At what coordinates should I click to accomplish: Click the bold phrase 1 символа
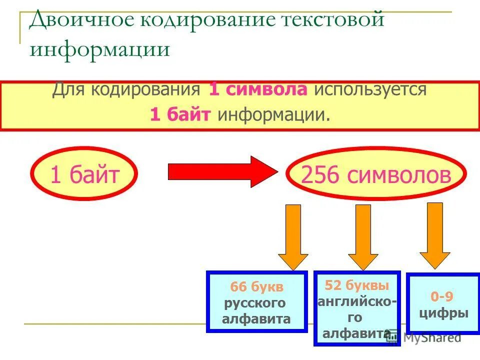(258, 90)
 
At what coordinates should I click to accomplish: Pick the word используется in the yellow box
(370, 90)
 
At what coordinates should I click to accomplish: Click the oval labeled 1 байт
(84, 174)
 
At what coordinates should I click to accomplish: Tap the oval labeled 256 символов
(376, 174)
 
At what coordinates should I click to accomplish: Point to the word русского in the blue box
(254, 303)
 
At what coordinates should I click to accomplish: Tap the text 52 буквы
(356, 285)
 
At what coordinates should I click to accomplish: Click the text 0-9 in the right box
(442, 296)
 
